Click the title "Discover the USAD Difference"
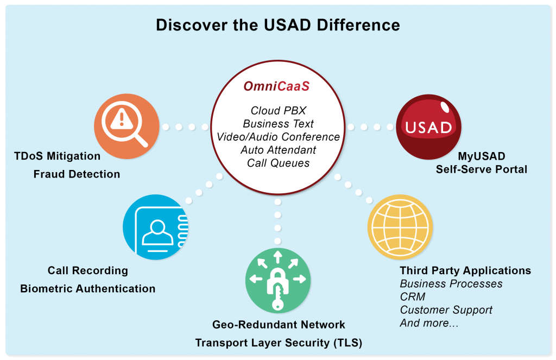(x=278, y=25)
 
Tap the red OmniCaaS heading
(x=276, y=86)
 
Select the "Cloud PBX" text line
(x=279, y=111)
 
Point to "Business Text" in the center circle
(x=279, y=124)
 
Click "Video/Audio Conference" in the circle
(x=279, y=137)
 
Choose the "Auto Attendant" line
(x=279, y=150)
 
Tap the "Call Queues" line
(x=279, y=163)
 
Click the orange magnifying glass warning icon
(x=127, y=127)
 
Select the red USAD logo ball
(x=429, y=127)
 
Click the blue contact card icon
(x=155, y=227)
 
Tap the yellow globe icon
(x=400, y=227)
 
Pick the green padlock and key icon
(x=278, y=280)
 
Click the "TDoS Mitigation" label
(x=57, y=156)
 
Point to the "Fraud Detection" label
(x=77, y=174)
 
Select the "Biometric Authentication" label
(x=87, y=289)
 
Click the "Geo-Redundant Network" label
(x=279, y=325)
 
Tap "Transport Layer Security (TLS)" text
(x=279, y=343)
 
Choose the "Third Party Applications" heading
(x=465, y=270)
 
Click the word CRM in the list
(x=413, y=297)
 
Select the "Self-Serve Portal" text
(x=482, y=169)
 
